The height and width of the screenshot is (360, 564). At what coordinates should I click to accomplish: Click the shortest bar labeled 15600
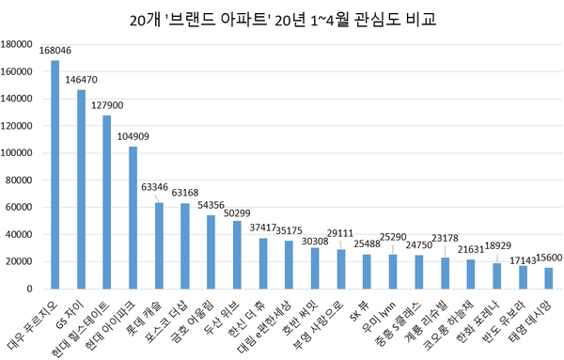pyautogui.click(x=548, y=278)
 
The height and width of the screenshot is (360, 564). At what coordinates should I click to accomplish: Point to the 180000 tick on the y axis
pyautogui.click(x=19, y=43)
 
